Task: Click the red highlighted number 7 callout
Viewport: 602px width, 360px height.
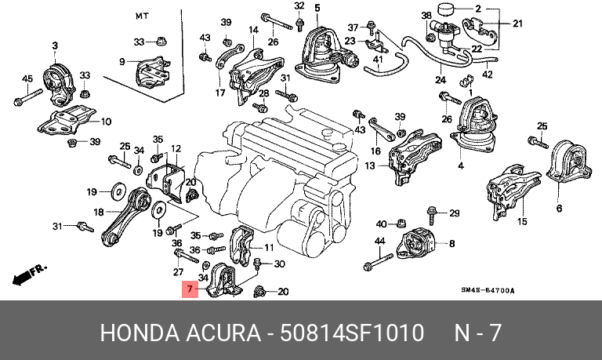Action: coord(189,289)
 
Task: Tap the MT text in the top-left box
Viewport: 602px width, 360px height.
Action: coord(141,16)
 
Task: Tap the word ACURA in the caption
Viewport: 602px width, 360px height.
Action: coord(222,333)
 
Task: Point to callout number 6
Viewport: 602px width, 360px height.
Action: coord(559,209)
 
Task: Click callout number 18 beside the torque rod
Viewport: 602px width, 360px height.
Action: coord(98,212)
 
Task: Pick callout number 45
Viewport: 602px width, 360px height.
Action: coord(26,78)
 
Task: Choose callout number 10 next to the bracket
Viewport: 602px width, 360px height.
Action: coord(107,122)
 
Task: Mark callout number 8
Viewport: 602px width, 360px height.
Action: coord(451,244)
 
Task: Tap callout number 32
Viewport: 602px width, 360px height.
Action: coord(299,6)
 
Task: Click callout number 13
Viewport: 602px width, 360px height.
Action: coord(369,165)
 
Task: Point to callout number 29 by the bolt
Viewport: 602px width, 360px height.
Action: coord(454,213)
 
